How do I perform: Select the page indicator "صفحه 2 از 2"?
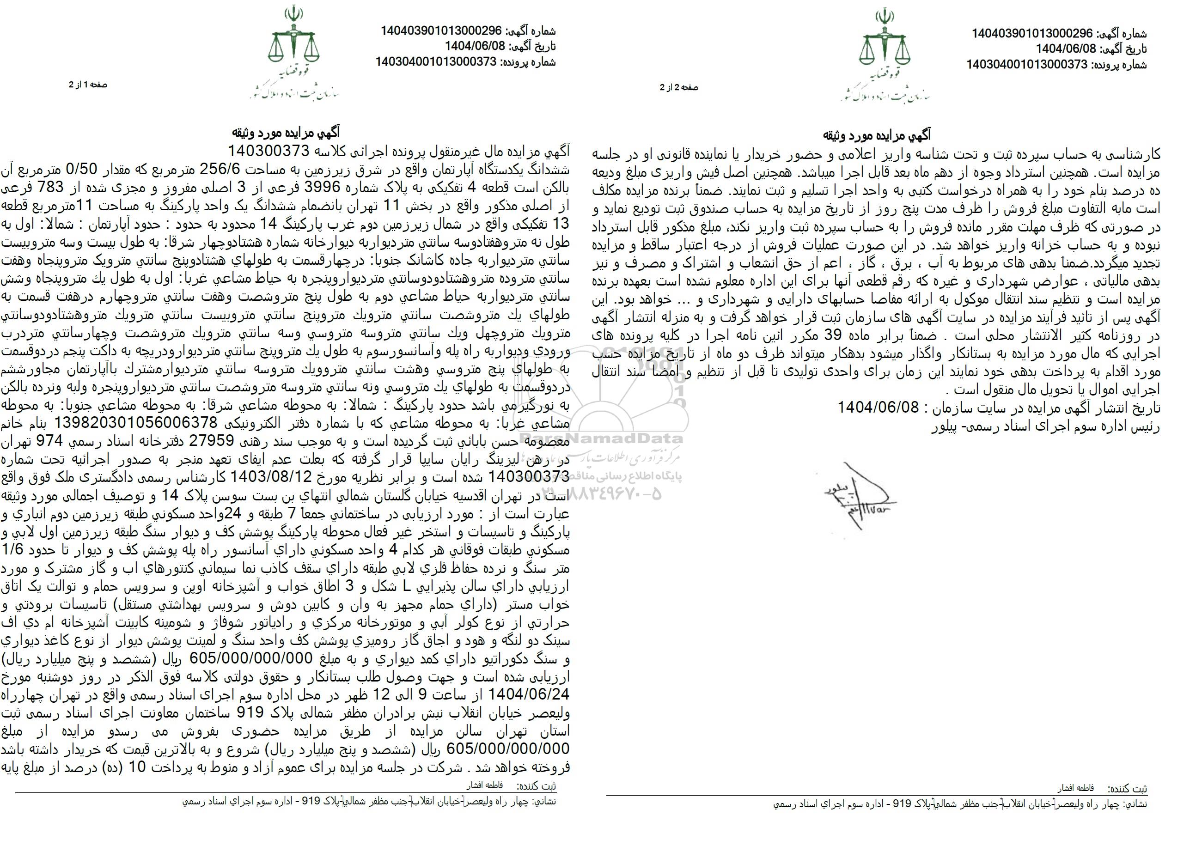click(x=678, y=87)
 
